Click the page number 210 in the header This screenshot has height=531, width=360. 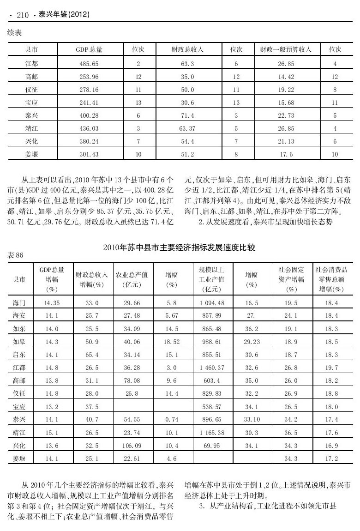pos(23,16)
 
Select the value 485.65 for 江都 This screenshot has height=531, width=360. pos(89,63)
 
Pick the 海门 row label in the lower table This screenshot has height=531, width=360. pos(19,303)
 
